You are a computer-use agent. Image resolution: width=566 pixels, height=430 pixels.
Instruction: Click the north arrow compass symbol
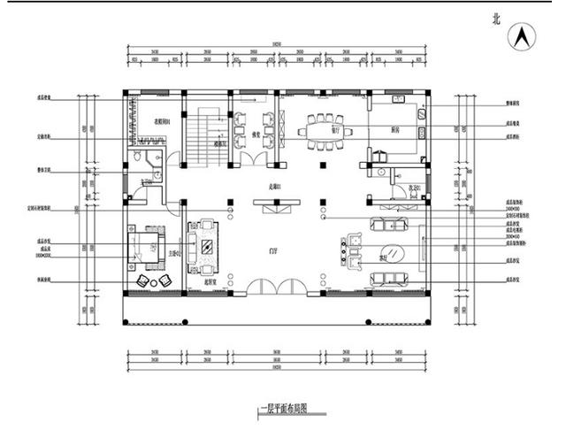(523, 37)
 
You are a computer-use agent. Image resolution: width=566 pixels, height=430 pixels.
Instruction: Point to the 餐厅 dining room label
(335, 127)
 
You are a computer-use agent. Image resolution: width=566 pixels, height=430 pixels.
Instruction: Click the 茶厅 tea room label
(383, 258)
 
